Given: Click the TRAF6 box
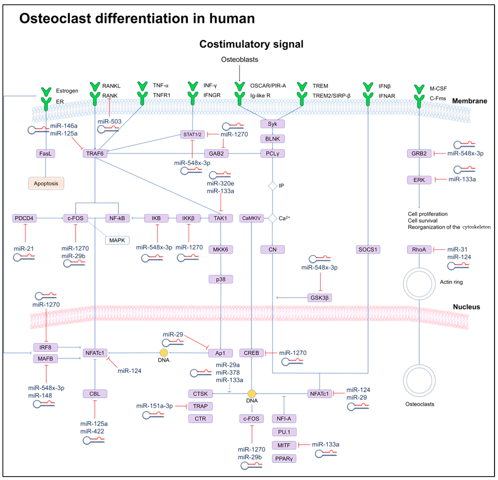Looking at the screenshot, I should [x=95, y=154].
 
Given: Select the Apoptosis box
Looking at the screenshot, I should [x=46, y=183].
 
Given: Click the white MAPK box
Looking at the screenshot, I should [x=117, y=240].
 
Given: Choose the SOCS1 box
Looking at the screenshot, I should [x=368, y=249].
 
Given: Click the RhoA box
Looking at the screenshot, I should [x=419, y=249].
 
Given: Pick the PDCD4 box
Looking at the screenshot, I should [x=24, y=218].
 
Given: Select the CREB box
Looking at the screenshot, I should [x=251, y=353].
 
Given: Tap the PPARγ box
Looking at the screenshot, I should [x=284, y=459].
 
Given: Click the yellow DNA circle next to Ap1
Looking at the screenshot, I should [x=164, y=353].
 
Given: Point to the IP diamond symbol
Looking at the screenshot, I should [x=272, y=186].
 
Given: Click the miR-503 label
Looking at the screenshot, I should [x=110, y=122].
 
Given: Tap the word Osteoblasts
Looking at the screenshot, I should [x=239, y=59].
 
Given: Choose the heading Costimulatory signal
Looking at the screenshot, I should [x=251, y=44].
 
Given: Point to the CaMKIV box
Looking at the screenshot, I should [x=251, y=218].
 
